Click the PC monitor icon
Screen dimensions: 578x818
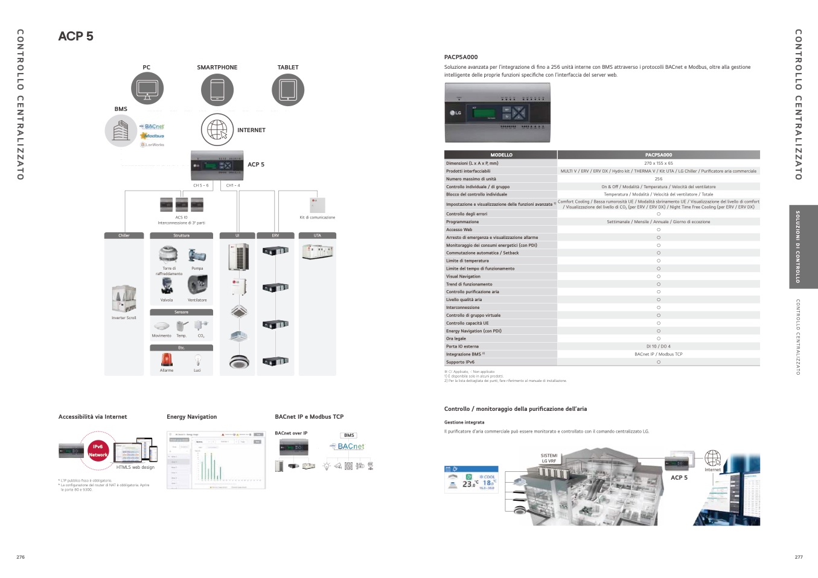pyautogui.click(x=147, y=89)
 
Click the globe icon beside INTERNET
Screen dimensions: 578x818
pyautogui.click(x=217, y=130)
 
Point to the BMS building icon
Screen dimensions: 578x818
pyautogui.click(x=121, y=130)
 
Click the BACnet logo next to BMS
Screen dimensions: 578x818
pyautogui.click(x=154, y=127)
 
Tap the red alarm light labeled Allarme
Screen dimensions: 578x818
pyautogui.click(x=167, y=360)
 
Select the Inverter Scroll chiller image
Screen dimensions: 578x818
pyautogui.click(x=124, y=299)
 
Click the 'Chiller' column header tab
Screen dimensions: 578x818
pyautogui.click(x=124, y=235)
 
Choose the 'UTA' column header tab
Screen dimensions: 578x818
pyautogui.click(x=318, y=235)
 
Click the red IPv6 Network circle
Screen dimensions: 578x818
pyautogui.click(x=98, y=451)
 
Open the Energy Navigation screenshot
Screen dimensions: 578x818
pyautogui.click(x=216, y=460)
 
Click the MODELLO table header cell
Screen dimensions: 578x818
pyautogui.click(x=501, y=155)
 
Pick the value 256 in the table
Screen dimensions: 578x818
pyautogui.click(x=658, y=179)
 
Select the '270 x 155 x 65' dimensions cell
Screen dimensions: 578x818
pyautogui.click(x=658, y=164)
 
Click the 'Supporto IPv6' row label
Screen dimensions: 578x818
pyautogui.click(x=460, y=362)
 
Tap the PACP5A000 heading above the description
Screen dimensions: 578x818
pyautogui.click(x=461, y=57)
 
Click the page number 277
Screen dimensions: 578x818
pyautogui.click(x=799, y=557)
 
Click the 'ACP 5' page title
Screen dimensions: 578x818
pyautogui.click(x=75, y=36)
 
